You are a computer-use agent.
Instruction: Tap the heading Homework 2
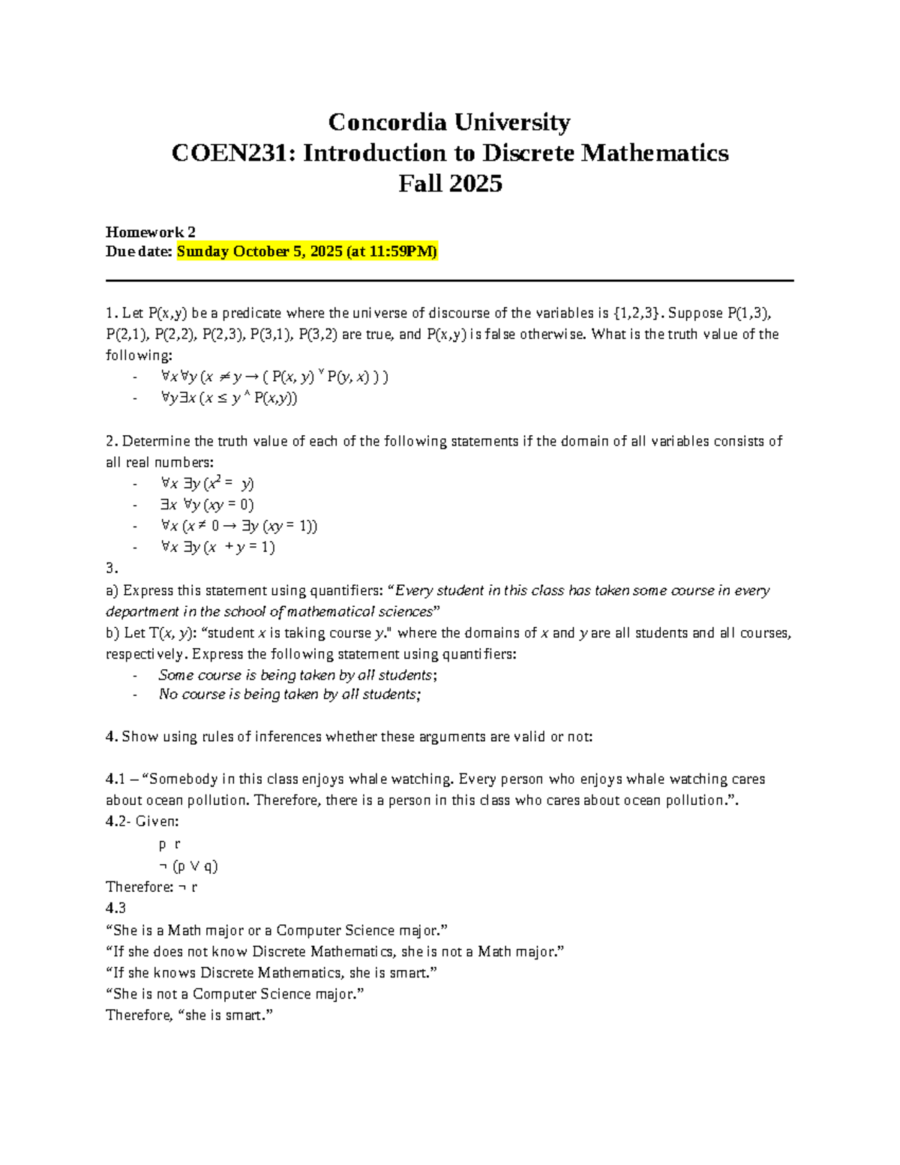click(x=151, y=232)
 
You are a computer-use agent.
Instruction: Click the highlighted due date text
click(x=307, y=251)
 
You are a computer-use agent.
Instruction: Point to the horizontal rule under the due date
click(x=450, y=281)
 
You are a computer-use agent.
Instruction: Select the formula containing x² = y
click(x=208, y=484)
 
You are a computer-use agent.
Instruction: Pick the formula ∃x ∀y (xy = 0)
click(x=208, y=505)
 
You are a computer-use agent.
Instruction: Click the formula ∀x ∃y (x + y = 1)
click(x=218, y=547)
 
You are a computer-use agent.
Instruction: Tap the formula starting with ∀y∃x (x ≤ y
click(x=229, y=398)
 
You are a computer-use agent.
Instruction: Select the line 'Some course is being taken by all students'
click(x=298, y=675)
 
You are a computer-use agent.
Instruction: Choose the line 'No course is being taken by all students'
click(x=289, y=695)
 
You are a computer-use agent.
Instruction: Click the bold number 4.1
click(x=116, y=779)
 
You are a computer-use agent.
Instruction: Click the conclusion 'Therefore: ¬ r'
click(x=151, y=887)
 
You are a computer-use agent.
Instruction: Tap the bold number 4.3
click(x=116, y=908)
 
